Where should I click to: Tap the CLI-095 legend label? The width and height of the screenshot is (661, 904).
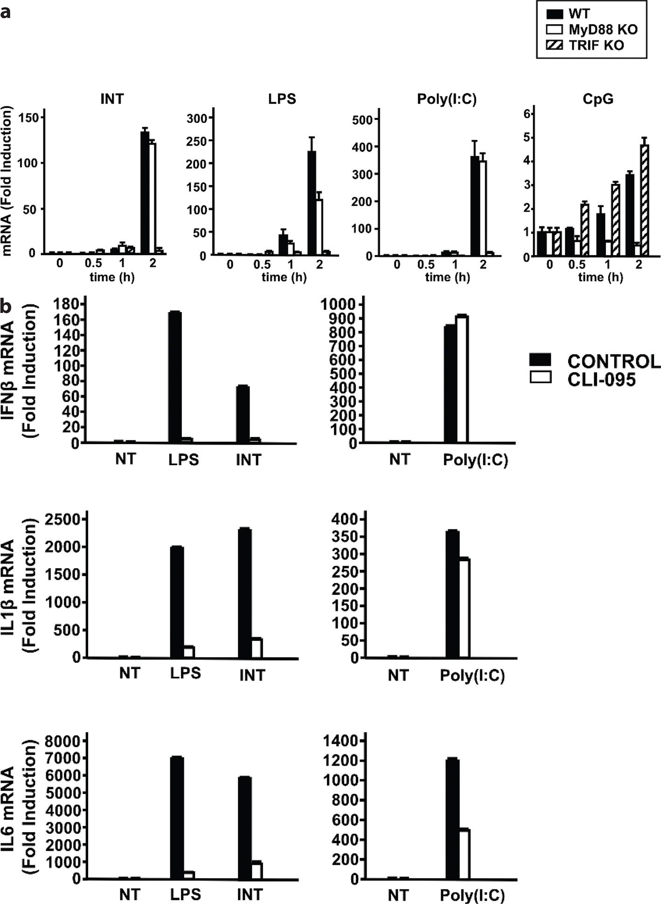point(601,379)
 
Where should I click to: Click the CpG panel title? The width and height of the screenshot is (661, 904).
point(598,99)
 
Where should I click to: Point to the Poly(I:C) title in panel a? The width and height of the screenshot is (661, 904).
point(446,99)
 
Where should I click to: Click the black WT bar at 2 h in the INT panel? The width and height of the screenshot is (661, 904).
point(144,192)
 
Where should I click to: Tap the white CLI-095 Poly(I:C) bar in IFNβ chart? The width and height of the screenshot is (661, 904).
point(462,379)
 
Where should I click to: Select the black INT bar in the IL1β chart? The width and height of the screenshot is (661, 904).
point(245,592)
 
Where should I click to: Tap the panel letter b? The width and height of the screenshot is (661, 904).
point(6,306)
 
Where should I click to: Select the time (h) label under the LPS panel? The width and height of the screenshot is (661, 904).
point(284,277)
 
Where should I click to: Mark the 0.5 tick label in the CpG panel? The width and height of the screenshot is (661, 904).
point(577,264)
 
